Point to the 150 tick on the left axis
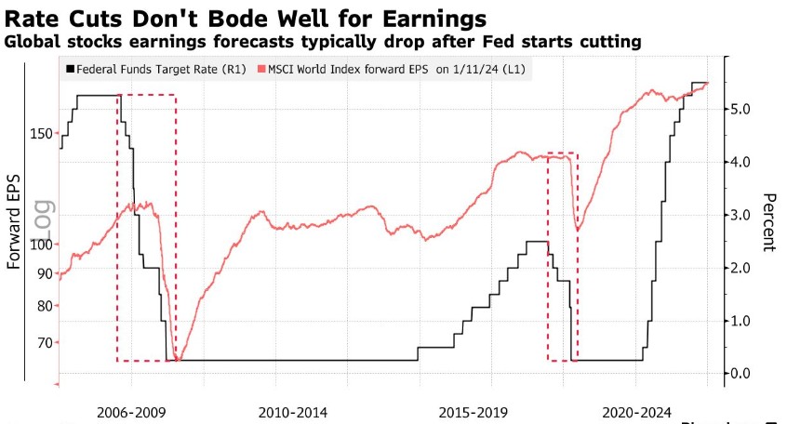point(41,134)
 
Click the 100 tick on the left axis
point(41,245)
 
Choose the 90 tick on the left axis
point(44,273)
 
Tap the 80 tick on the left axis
point(44,306)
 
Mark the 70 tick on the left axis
point(44,343)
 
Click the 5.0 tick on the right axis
point(740,109)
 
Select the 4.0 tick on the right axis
point(740,162)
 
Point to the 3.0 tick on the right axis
point(740,215)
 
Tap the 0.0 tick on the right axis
point(740,373)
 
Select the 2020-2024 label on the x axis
point(636,411)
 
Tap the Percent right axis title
point(769,222)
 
